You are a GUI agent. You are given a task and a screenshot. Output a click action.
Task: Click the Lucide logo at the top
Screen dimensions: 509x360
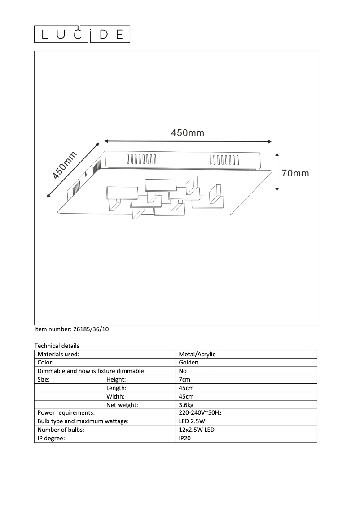tap(83, 35)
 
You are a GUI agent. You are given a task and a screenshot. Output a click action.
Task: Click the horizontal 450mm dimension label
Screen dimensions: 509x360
tap(188, 133)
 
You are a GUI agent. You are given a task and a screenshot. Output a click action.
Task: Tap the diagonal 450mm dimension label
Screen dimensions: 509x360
tap(65, 166)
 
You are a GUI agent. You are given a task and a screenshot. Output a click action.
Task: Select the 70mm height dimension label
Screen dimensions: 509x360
tap(295, 173)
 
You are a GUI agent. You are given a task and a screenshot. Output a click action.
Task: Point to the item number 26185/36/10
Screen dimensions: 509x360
tap(72, 329)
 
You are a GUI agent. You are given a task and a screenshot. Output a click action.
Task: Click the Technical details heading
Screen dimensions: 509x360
tap(57, 346)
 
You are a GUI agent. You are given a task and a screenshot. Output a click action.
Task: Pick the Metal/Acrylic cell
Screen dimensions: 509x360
tap(197, 354)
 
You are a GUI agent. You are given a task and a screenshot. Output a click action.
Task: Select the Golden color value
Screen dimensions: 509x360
tap(189, 363)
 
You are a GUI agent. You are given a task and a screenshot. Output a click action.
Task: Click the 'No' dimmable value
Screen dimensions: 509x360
tap(183, 371)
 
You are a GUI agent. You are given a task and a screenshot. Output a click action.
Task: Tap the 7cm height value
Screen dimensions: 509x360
tap(184, 380)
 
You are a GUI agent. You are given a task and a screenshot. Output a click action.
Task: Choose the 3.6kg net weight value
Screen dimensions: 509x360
tap(186, 405)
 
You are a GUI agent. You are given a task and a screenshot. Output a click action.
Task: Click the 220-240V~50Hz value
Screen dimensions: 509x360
tap(200, 413)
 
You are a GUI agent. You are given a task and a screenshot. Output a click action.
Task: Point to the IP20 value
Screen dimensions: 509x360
tap(185, 438)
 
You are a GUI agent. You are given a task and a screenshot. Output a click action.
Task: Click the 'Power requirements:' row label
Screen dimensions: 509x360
tap(66, 413)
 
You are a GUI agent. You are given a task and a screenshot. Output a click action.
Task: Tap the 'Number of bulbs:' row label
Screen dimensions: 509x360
tap(61, 430)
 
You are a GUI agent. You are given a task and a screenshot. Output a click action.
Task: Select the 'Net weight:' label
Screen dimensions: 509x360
tap(122, 405)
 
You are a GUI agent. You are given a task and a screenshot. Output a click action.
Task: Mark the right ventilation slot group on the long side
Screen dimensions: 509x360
tap(224, 160)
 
